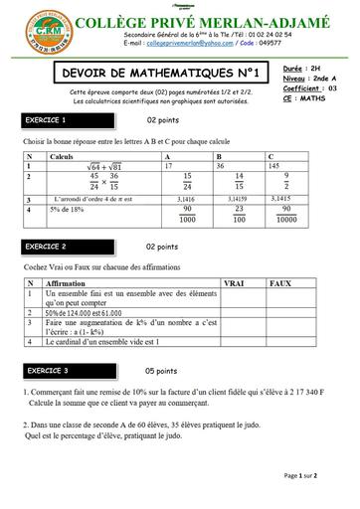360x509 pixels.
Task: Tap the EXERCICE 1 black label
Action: [52, 120]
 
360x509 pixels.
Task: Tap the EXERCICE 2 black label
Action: [52, 245]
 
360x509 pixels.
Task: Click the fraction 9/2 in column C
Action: [286, 183]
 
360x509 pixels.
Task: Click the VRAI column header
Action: [236, 283]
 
